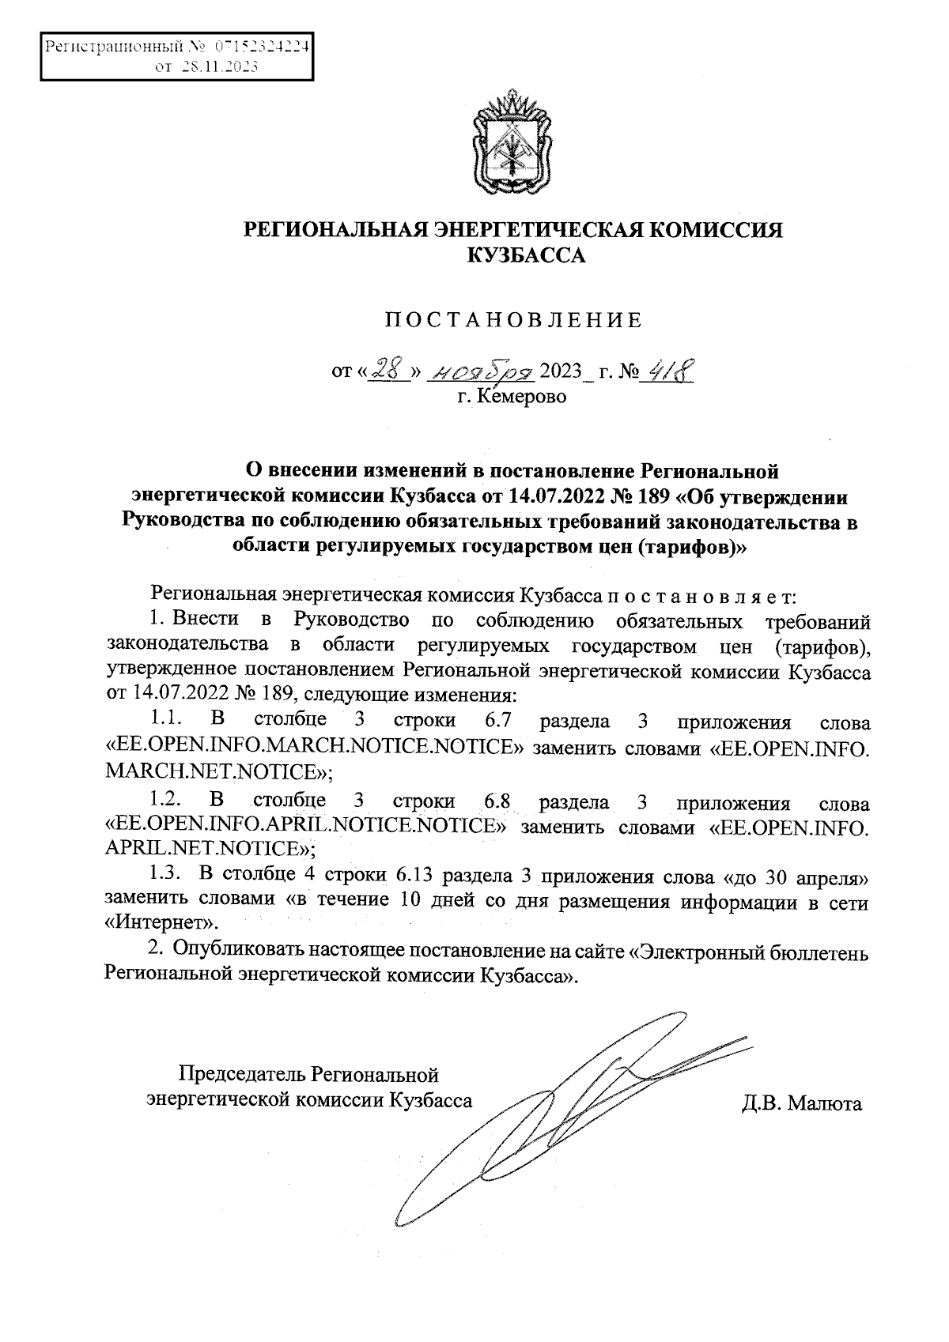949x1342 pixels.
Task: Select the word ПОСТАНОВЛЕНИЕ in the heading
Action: coord(513,321)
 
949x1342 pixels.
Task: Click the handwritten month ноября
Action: coord(480,368)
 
